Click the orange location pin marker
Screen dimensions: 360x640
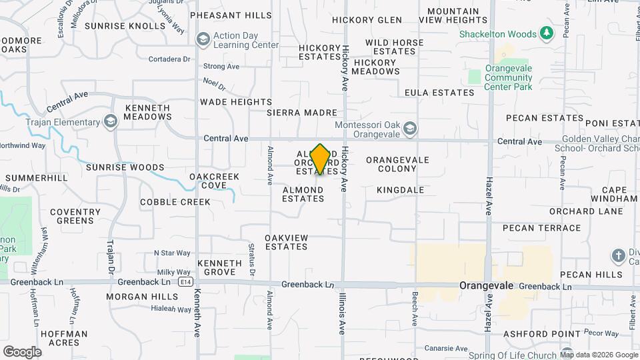pos(321,159)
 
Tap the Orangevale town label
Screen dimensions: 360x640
pos(487,285)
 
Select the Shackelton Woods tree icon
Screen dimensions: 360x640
pos(547,33)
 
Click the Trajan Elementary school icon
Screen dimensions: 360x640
pos(111,122)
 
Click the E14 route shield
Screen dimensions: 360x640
pos(187,283)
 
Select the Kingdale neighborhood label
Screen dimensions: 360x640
pos(400,190)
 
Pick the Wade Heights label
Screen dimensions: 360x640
pos(236,102)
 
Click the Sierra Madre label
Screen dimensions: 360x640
pos(302,113)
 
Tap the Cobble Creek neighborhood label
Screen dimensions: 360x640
pos(175,202)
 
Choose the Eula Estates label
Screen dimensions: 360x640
pos(439,93)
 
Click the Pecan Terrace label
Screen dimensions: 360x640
pos(542,228)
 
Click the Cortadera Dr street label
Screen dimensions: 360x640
pos(170,59)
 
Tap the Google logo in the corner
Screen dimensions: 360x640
pos(22,351)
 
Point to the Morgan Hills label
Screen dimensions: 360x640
pos(142,297)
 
